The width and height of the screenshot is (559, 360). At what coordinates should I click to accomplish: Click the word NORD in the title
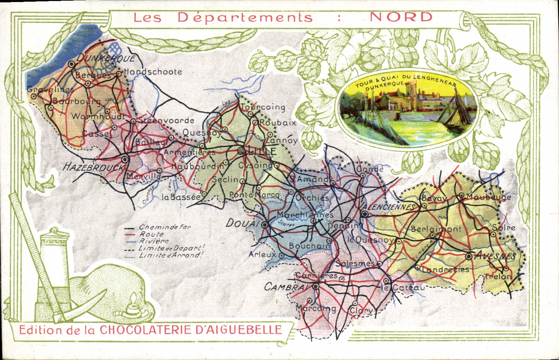401,17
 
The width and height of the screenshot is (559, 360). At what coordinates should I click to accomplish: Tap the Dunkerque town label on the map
106,58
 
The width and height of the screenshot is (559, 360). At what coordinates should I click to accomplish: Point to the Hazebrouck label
93,167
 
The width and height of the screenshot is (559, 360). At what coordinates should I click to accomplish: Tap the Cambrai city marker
316,287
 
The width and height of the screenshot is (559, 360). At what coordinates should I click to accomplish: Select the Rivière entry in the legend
154,241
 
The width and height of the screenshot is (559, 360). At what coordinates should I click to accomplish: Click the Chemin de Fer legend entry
165,227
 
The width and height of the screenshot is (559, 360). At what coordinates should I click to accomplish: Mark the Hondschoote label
153,71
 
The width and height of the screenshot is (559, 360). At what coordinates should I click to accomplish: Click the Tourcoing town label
263,107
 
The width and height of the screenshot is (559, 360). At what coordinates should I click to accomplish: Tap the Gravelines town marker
34,96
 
